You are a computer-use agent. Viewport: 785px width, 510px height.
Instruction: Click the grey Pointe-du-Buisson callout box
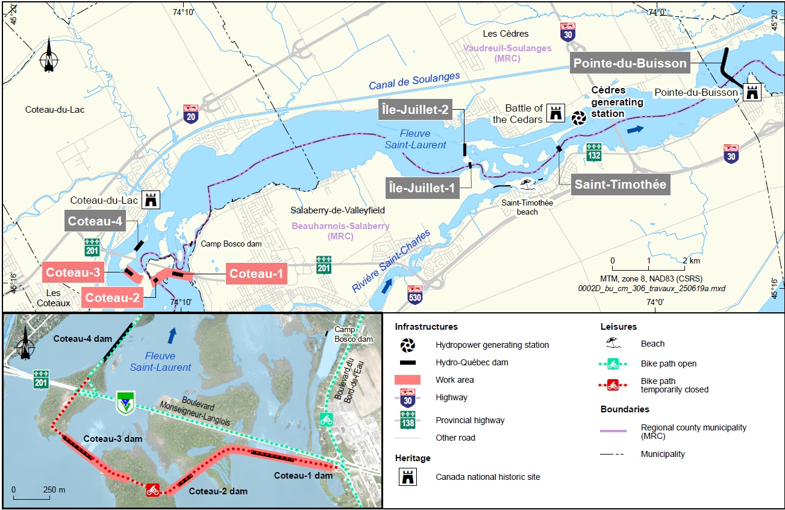pyautogui.click(x=630, y=63)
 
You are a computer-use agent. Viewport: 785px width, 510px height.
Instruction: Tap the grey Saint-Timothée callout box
pyautogui.click(x=621, y=184)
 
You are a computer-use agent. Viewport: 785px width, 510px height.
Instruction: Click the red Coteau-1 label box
pyautogui.click(x=256, y=274)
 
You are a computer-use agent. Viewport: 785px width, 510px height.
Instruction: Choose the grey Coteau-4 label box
pyautogui.click(x=95, y=221)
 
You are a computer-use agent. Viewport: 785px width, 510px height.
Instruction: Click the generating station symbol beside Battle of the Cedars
pyautogui.click(x=579, y=118)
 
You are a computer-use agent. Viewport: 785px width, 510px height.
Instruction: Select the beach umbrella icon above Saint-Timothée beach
pyautogui.click(x=526, y=184)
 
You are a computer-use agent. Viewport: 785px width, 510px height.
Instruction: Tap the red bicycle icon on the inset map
pyautogui.click(x=153, y=490)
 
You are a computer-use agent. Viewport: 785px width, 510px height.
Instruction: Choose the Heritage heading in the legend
pyautogui.click(x=413, y=458)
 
